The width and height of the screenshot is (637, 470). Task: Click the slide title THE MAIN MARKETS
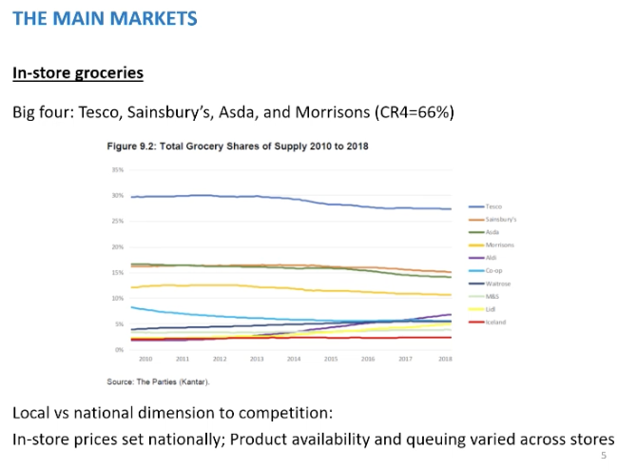(x=106, y=18)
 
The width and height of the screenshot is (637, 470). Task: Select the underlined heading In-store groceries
(x=77, y=72)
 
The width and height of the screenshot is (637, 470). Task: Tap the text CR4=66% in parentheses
(x=415, y=112)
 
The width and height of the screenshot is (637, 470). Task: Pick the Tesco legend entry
(x=492, y=206)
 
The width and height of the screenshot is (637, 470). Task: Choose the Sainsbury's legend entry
(x=498, y=219)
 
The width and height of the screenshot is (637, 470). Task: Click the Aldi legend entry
(x=492, y=258)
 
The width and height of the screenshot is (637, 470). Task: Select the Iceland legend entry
(x=494, y=323)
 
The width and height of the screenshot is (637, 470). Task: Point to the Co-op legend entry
(x=493, y=270)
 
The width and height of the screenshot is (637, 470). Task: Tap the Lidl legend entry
(x=491, y=309)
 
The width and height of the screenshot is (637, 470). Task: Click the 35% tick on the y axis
(x=118, y=170)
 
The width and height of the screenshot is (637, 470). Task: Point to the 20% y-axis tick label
(x=118, y=247)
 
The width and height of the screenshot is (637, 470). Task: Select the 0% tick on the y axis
(x=120, y=350)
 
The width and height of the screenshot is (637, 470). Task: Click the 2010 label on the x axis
(x=145, y=359)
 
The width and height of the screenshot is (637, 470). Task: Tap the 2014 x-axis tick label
(x=294, y=359)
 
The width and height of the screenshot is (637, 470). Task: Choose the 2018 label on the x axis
(x=445, y=359)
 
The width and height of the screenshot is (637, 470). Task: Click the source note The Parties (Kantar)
(x=157, y=381)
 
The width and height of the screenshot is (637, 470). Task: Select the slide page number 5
(x=604, y=457)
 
